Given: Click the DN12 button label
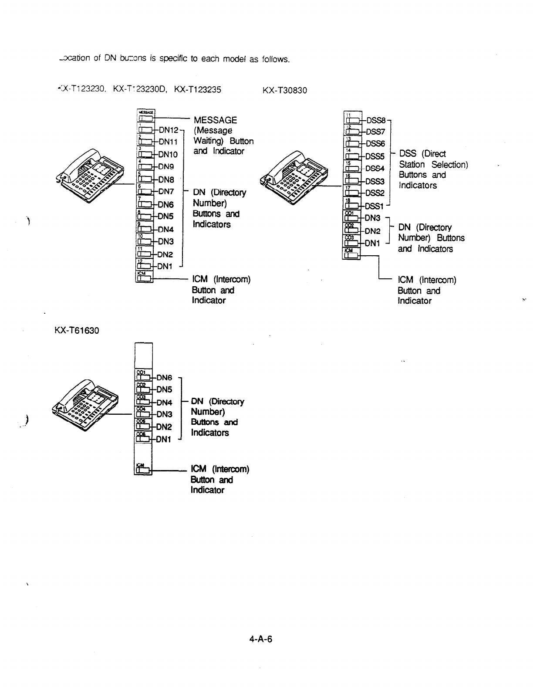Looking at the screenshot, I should click(x=169, y=130).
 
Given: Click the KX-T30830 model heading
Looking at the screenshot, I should click(x=285, y=91).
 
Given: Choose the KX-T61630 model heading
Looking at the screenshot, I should click(x=77, y=331).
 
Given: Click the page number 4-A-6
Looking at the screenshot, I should click(x=261, y=639).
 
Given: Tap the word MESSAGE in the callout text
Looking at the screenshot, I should click(x=215, y=120).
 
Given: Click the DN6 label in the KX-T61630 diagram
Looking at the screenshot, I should click(x=165, y=378).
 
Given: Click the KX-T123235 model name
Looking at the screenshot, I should click(x=197, y=90).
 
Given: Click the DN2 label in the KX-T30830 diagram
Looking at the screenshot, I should click(x=372, y=231).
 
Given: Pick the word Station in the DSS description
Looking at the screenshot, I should click(x=412, y=165).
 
